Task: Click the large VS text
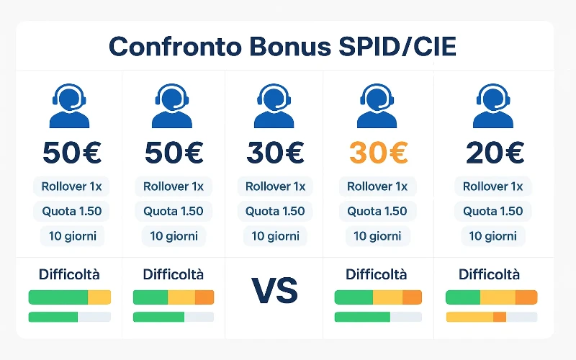(x=275, y=291)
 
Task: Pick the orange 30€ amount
(x=378, y=152)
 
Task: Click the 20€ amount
(x=494, y=152)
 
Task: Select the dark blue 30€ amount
(x=276, y=152)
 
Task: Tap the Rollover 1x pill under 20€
(x=493, y=186)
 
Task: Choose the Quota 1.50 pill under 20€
(x=493, y=211)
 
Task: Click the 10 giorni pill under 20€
(x=493, y=235)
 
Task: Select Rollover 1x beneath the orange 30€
(x=377, y=186)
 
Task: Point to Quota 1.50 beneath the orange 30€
(x=377, y=211)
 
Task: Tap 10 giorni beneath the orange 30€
(x=377, y=235)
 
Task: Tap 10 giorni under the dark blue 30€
(x=276, y=235)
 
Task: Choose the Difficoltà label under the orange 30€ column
(x=376, y=274)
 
